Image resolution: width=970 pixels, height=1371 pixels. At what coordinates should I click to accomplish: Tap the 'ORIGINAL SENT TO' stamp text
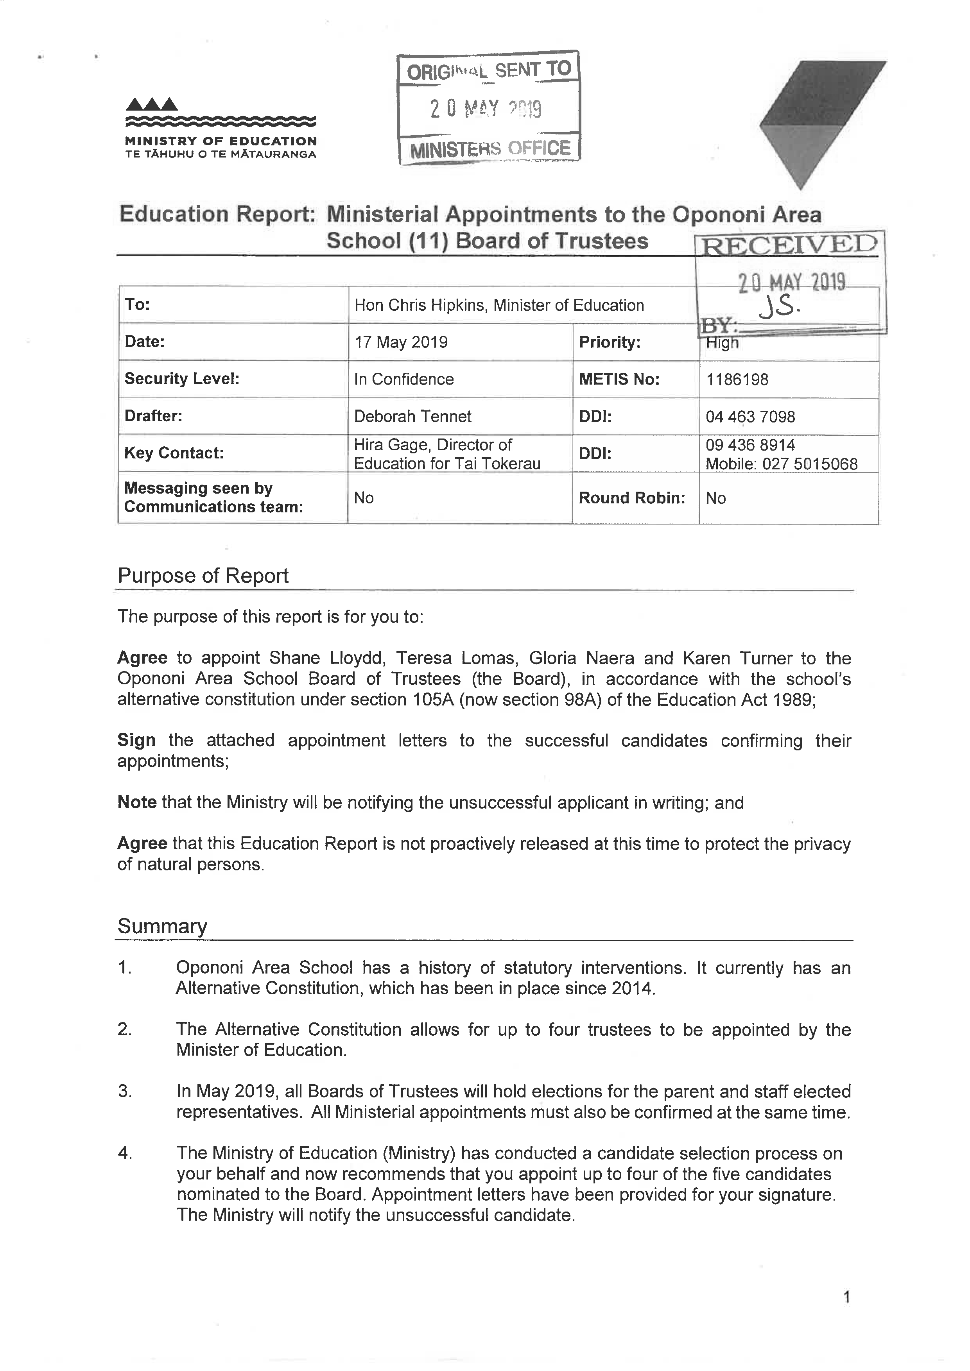coord(489,70)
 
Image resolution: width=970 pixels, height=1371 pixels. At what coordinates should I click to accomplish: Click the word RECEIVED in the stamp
coord(789,245)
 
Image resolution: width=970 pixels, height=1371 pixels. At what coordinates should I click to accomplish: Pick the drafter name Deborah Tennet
coord(413,416)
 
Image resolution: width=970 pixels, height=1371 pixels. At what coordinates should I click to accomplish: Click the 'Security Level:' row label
coord(181,379)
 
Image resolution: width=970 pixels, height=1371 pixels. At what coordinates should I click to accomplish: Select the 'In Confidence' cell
coord(404,379)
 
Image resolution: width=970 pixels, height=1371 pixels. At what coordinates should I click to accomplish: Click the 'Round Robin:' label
coord(631,498)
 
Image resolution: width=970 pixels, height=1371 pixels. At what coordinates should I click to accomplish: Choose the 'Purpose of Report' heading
coord(203,576)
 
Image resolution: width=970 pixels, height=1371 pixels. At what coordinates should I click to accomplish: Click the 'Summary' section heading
coord(163,926)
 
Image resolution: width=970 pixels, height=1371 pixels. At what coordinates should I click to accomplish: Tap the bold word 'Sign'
coord(136,741)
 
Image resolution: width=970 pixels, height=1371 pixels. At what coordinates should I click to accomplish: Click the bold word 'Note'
coord(137,802)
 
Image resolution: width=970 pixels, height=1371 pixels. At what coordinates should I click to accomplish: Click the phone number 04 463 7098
coord(750,417)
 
